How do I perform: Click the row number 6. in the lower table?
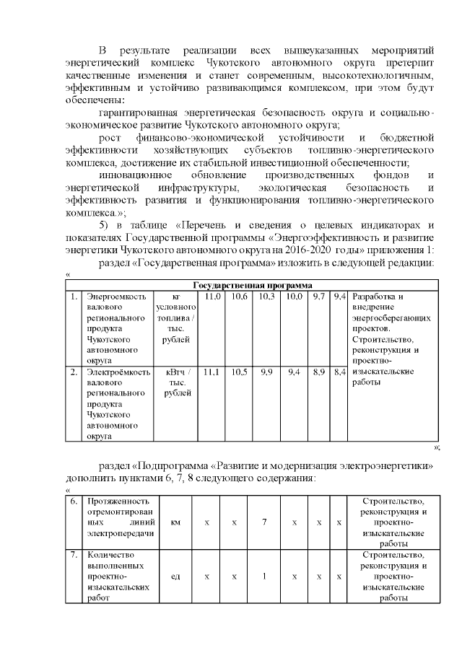pos(74,501)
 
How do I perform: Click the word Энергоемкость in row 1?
pos(116,297)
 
